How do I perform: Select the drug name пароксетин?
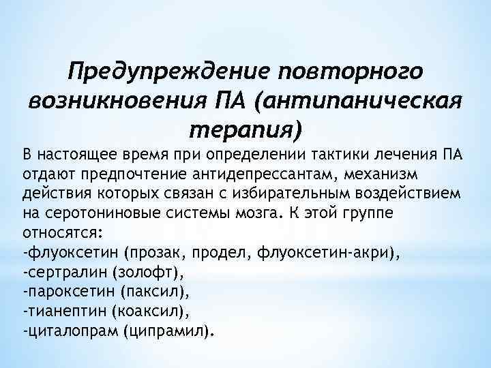pos(67,293)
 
